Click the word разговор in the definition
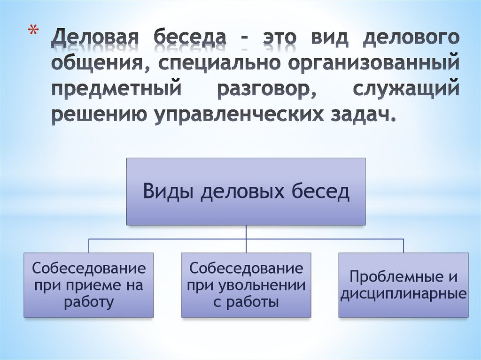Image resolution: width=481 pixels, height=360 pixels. point(266,89)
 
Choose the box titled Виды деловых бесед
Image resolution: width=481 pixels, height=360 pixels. point(246,191)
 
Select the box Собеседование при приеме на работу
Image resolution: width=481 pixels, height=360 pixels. point(89,285)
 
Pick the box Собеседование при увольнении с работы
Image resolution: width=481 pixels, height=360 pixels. point(246,285)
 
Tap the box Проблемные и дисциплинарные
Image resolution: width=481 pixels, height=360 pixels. point(403,285)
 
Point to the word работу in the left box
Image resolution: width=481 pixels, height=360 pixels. point(89,302)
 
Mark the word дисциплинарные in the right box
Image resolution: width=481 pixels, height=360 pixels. point(403,294)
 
